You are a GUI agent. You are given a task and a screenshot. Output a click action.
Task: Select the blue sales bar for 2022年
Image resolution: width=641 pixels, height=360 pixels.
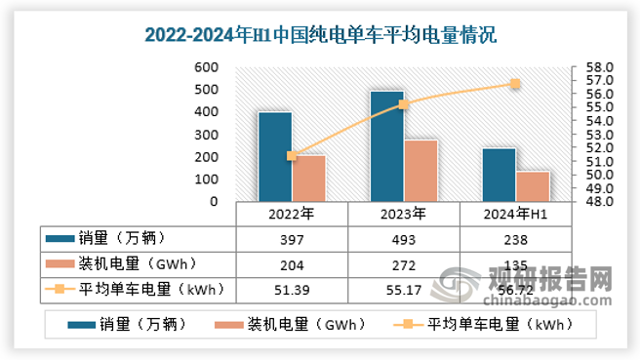coord(274,156)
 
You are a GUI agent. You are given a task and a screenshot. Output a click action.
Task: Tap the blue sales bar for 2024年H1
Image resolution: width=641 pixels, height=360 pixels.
coord(499,175)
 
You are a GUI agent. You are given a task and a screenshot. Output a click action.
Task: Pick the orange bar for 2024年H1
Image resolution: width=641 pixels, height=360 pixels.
coord(533,185)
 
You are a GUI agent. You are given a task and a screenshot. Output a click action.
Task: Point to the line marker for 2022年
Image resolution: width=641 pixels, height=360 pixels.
coord(292,156)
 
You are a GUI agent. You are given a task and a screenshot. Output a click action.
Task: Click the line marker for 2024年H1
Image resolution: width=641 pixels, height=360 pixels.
coord(515,84)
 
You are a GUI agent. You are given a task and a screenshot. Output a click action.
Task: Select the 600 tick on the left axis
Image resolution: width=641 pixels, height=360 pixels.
coord(206,67)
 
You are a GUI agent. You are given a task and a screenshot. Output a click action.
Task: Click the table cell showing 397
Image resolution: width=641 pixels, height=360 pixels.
coord(292,239)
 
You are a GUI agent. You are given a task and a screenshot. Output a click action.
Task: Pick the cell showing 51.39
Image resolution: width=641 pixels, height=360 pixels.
coord(292,288)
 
